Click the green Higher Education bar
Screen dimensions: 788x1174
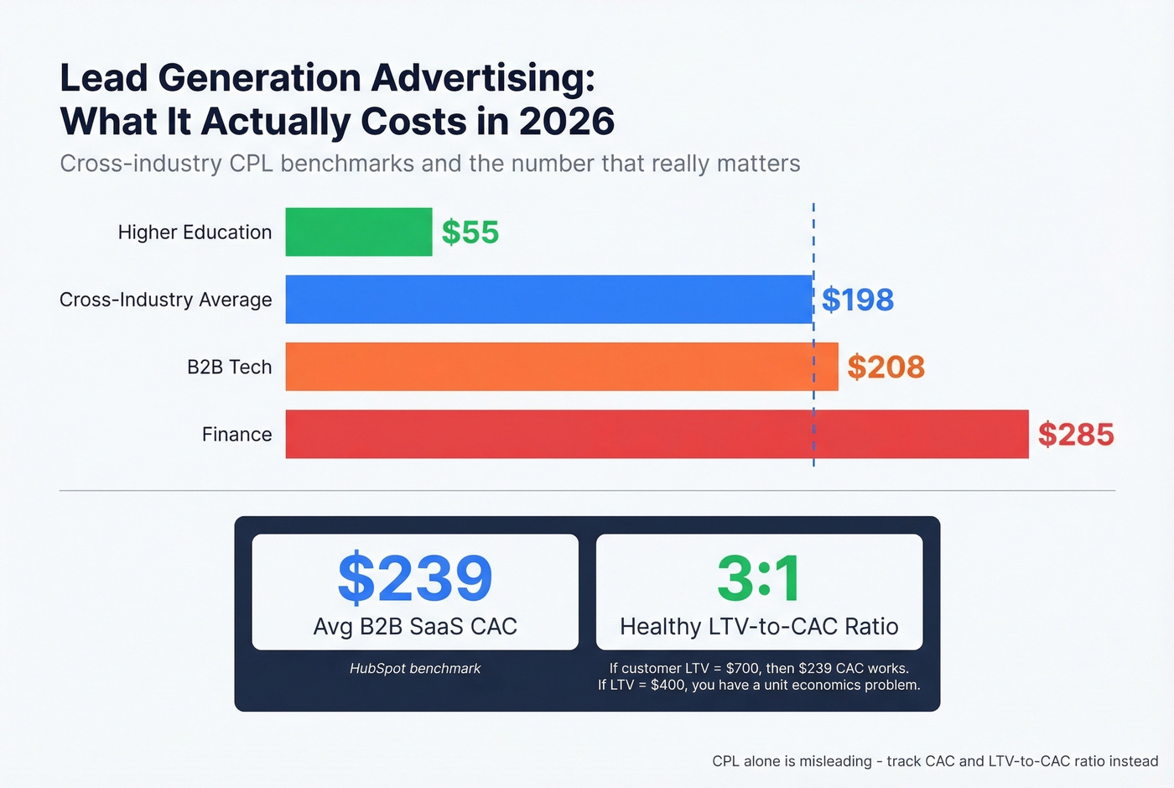click(x=358, y=232)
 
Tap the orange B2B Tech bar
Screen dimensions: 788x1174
click(x=561, y=367)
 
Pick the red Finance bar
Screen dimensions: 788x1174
click(x=657, y=434)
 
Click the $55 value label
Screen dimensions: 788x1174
click(x=470, y=232)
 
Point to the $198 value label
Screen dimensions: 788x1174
click(x=858, y=300)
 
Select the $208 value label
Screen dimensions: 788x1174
click(x=886, y=367)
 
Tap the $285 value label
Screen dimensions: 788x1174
click(x=1076, y=435)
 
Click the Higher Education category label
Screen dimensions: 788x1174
click(x=195, y=232)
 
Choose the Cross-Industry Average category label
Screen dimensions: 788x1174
click(x=165, y=300)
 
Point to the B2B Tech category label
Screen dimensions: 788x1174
click(x=229, y=367)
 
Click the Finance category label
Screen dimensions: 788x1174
click(x=236, y=435)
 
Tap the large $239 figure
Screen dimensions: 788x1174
click(x=415, y=578)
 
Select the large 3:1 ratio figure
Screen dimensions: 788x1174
click(x=759, y=578)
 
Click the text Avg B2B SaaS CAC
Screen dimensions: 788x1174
click(x=415, y=626)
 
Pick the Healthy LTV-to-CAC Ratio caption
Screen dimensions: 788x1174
click(x=759, y=626)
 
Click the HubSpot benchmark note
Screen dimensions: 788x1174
click(x=415, y=669)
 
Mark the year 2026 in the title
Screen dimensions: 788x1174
click(x=567, y=122)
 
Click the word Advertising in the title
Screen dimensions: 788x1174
click(x=483, y=78)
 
